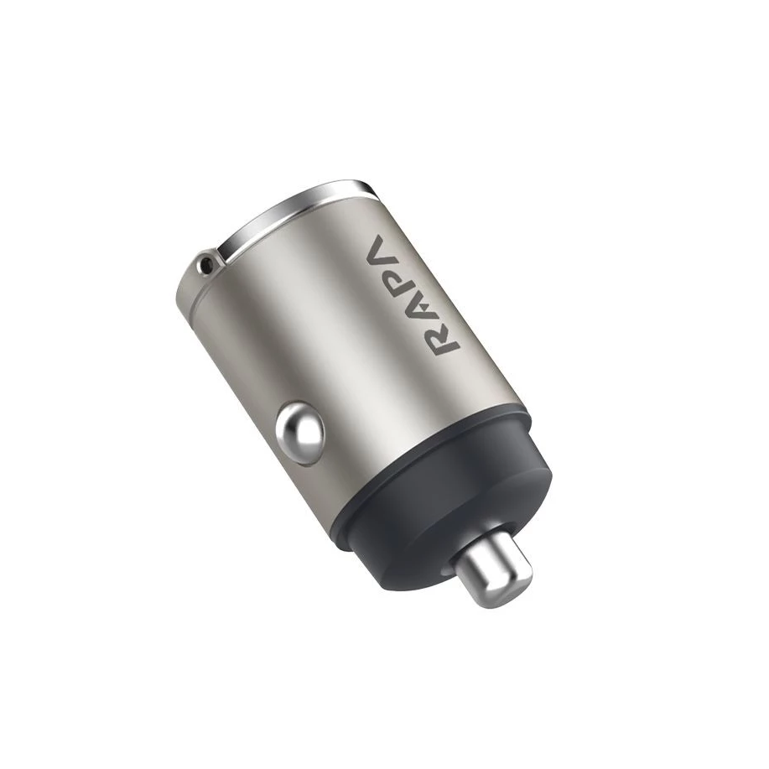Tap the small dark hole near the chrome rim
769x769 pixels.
pyautogui.click(x=204, y=268)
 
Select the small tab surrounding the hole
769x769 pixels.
pyautogui.click(x=199, y=270)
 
